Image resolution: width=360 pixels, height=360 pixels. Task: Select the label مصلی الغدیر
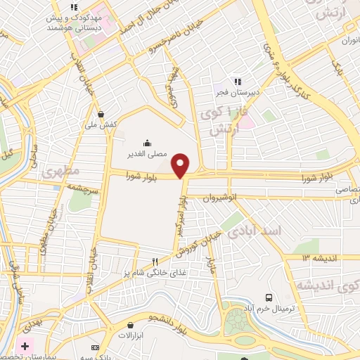coord(146,153)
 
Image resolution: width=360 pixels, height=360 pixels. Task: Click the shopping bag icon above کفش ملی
coord(102,113)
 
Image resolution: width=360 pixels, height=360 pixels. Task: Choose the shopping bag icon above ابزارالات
coord(131,325)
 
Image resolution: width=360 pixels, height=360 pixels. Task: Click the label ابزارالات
coord(131,336)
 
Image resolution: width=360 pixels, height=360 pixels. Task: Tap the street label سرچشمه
coord(81,188)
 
